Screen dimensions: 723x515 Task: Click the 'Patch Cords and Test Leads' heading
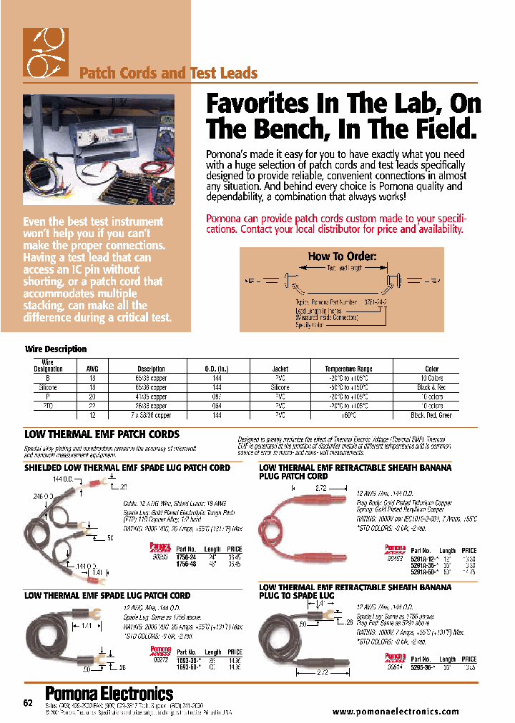(x=167, y=73)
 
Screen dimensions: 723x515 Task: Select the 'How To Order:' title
(x=341, y=256)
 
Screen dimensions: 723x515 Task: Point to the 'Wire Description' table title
(x=56, y=349)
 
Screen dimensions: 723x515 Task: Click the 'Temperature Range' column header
(x=348, y=369)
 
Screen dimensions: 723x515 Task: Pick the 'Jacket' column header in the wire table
(x=280, y=369)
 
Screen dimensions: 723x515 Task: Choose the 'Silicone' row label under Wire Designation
(x=48, y=387)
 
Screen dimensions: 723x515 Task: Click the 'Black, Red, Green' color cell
(x=431, y=415)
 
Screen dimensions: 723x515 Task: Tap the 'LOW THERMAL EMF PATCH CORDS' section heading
(x=102, y=434)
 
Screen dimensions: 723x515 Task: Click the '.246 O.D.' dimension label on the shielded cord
(x=44, y=495)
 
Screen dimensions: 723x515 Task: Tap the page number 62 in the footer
(x=28, y=704)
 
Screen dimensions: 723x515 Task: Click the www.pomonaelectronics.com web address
(x=396, y=712)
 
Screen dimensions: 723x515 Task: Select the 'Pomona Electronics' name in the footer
(x=109, y=694)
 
